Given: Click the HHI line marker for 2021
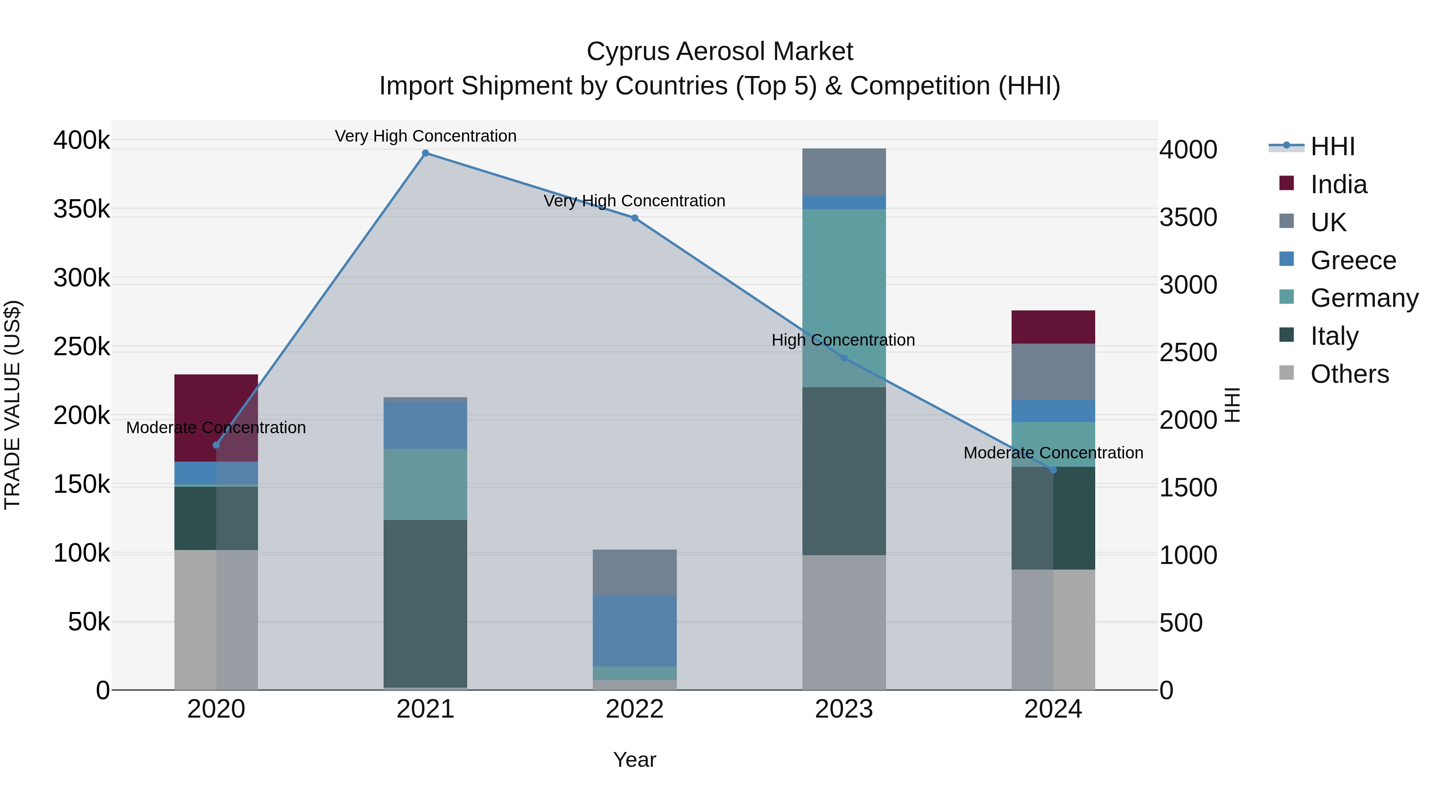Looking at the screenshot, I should click(x=426, y=153).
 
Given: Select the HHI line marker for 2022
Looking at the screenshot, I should click(x=634, y=218).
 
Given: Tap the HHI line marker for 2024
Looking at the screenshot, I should click(x=1053, y=470).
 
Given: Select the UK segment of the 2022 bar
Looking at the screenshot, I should click(x=634, y=572).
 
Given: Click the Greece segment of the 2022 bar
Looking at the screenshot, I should click(x=634, y=630).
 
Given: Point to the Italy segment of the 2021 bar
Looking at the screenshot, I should click(x=426, y=604).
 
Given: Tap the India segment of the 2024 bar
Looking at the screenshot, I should click(x=1053, y=327).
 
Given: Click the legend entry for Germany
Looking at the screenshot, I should click(x=1364, y=298).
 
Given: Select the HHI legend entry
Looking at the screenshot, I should click(x=1333, y=146).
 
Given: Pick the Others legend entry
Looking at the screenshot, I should click(x=1350, y=374).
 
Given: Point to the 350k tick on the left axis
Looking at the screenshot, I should click(x=82, y=209).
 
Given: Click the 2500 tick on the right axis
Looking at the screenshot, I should click(x=1188, y=353).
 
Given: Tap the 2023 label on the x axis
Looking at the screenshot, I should click(x=844, y=709).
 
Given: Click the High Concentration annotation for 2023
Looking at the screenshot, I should click(x=843, y=340).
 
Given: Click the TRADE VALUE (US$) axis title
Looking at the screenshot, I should click(x=12, y=405).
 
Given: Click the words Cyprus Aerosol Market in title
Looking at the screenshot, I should click(x=720, y=52).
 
